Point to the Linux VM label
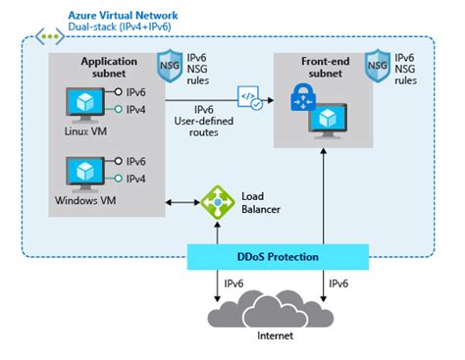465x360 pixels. [x=83, y=131]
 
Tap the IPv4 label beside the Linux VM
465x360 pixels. [x=136, y=109]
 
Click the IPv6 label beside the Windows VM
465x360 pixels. [x=136, y=161]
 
